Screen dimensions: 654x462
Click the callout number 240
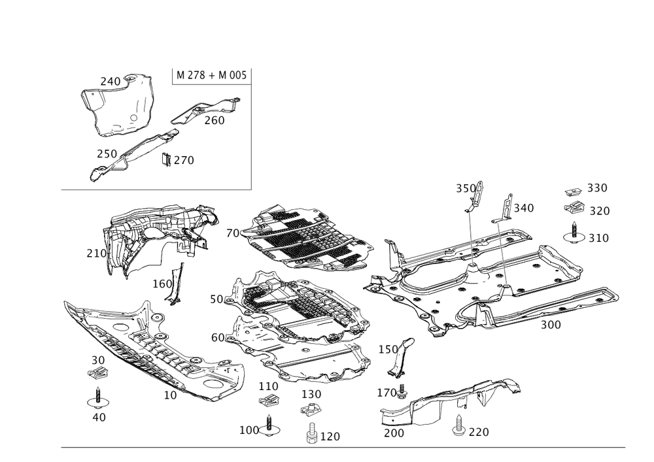(x=110, y=82)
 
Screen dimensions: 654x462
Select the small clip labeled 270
(x=166, y=159)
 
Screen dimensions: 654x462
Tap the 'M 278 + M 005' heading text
(x=211, y=75)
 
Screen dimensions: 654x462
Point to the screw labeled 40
(x=98, y=398)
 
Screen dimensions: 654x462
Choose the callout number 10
(x=170, y=395)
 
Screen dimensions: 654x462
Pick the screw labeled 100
(x=269, y=426)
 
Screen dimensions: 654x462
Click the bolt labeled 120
(x=311, y=433)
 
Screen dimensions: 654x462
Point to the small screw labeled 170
(x=402, y=391)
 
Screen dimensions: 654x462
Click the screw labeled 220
(x=458, y=426)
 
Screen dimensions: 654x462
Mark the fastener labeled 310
(x=574, y=233)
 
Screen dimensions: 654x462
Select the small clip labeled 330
(x=574, y=191)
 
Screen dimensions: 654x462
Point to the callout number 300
(x=551, y=325)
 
